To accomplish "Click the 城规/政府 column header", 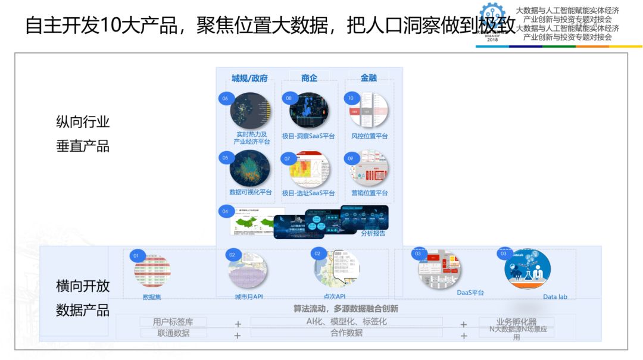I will click(x=249, y=78).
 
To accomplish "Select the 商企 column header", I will click(x=309, y=78).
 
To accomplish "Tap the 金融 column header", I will click(x=369, y=78).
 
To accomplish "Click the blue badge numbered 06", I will click(x=225, y=98).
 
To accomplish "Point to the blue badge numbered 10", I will click(x=351, y=98).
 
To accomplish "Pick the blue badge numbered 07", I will click(x=288, y=159).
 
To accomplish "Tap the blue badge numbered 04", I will click(x=225, y=211).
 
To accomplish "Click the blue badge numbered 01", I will click(x=136, y=256).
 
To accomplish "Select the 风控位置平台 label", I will click(x=369, y=136).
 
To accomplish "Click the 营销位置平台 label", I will click(x=369, y=193).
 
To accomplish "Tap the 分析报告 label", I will click(x=373, y=233).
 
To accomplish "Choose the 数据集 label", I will click(x=152, y=296).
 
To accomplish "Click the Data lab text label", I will click(x=555, y=296).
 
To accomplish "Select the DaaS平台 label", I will click(x=470, y=293).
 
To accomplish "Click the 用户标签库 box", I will click(x=173, y=322).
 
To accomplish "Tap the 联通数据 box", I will click(x=173, y=333).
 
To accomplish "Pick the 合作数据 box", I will click(x=347, y=333).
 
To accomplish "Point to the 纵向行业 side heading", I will click(x=83, y=123).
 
